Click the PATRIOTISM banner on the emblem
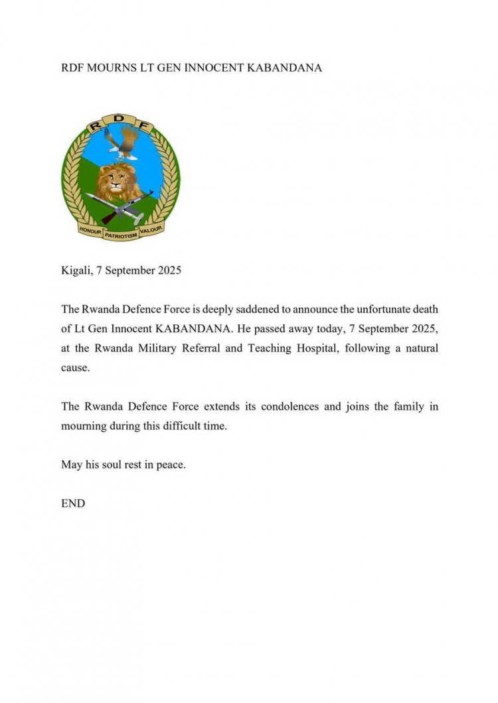[120, 235]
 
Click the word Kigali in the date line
[76, 271]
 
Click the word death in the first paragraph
[424, 309]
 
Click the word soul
[117, 464]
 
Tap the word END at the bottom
[73, 503]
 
